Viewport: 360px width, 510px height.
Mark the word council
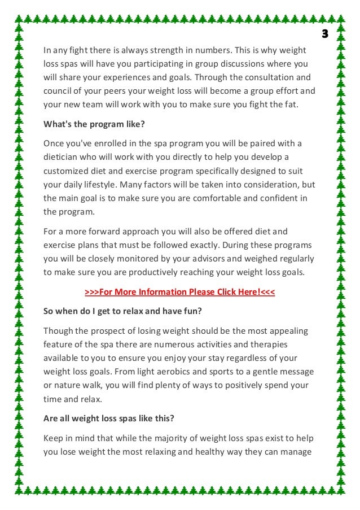58,90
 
